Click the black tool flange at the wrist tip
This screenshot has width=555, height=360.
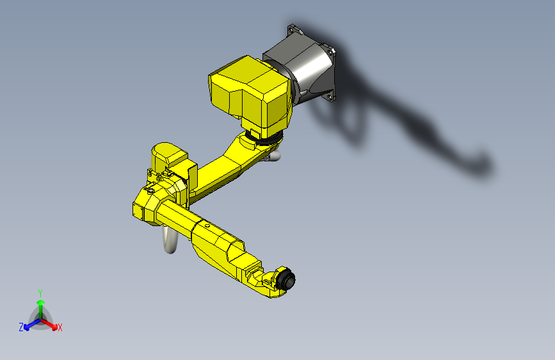289,280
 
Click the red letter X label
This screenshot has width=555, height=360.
60,328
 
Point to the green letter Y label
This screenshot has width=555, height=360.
40,291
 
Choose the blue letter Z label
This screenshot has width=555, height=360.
21,327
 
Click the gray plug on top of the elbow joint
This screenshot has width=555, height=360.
149,190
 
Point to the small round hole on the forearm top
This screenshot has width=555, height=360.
207,225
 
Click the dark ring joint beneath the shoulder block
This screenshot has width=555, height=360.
262,136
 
